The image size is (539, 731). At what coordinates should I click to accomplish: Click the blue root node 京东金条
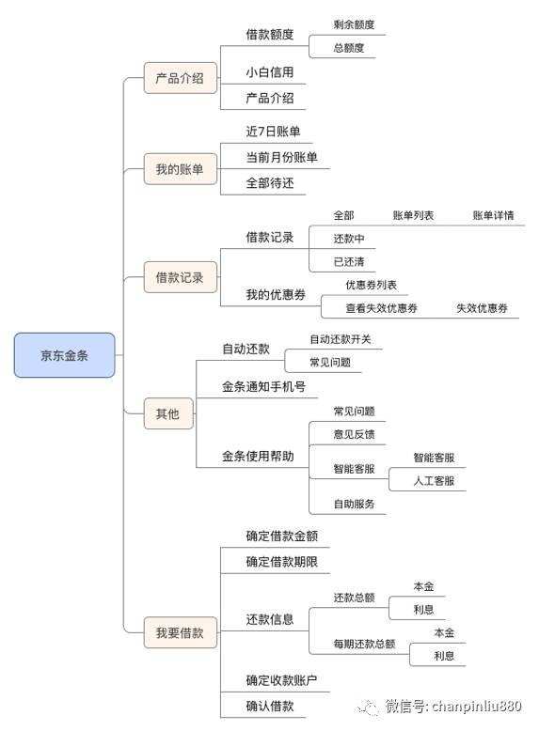[64, 355]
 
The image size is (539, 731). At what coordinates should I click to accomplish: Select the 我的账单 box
[180, 169]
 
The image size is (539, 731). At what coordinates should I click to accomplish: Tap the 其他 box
[168, 413]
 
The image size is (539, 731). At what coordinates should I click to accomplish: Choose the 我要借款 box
[180, 632]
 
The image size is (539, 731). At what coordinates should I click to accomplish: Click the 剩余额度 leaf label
[354, 24]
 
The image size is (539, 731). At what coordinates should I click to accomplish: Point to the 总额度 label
[349, 48]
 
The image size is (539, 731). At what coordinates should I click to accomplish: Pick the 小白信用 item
[270, 72]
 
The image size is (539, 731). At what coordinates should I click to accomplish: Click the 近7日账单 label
[273, 132]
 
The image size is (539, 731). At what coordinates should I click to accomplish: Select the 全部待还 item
[270, 182]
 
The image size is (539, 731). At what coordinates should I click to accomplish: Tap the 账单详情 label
[493, 215]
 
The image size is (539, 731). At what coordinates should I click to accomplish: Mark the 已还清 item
[349, 262]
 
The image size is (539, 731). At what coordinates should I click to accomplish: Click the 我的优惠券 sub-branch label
[276, 295]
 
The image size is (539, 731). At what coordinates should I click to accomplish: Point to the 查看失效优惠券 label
[381, 308]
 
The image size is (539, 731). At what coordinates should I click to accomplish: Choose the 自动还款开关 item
[341, 339]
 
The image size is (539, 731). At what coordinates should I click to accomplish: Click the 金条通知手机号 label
[263, 386]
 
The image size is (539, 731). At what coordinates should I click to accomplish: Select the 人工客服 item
[434, 481]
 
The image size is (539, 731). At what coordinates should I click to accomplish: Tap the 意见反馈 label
[354, 434]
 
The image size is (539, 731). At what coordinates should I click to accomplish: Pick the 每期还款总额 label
[364, 644]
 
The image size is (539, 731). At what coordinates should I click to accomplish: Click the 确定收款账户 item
[281, 680]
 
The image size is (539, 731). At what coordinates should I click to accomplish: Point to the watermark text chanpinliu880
[477, 707]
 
